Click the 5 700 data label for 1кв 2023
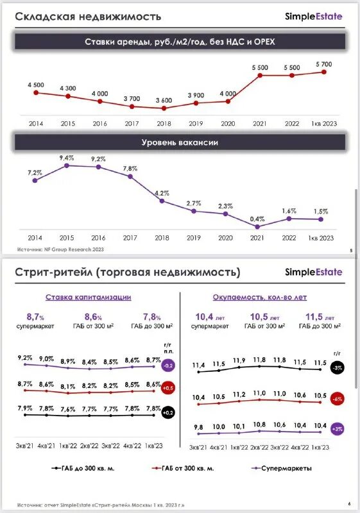323,64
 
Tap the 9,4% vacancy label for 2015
67,158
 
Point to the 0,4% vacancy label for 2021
257,219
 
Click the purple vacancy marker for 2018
162,201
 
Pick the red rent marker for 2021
260,75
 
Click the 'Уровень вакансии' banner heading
180,142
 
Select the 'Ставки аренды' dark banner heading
180,42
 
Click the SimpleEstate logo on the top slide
313,16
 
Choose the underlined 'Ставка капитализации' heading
88,297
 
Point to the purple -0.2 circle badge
169,366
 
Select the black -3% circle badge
338,368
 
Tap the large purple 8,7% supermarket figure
35,317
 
